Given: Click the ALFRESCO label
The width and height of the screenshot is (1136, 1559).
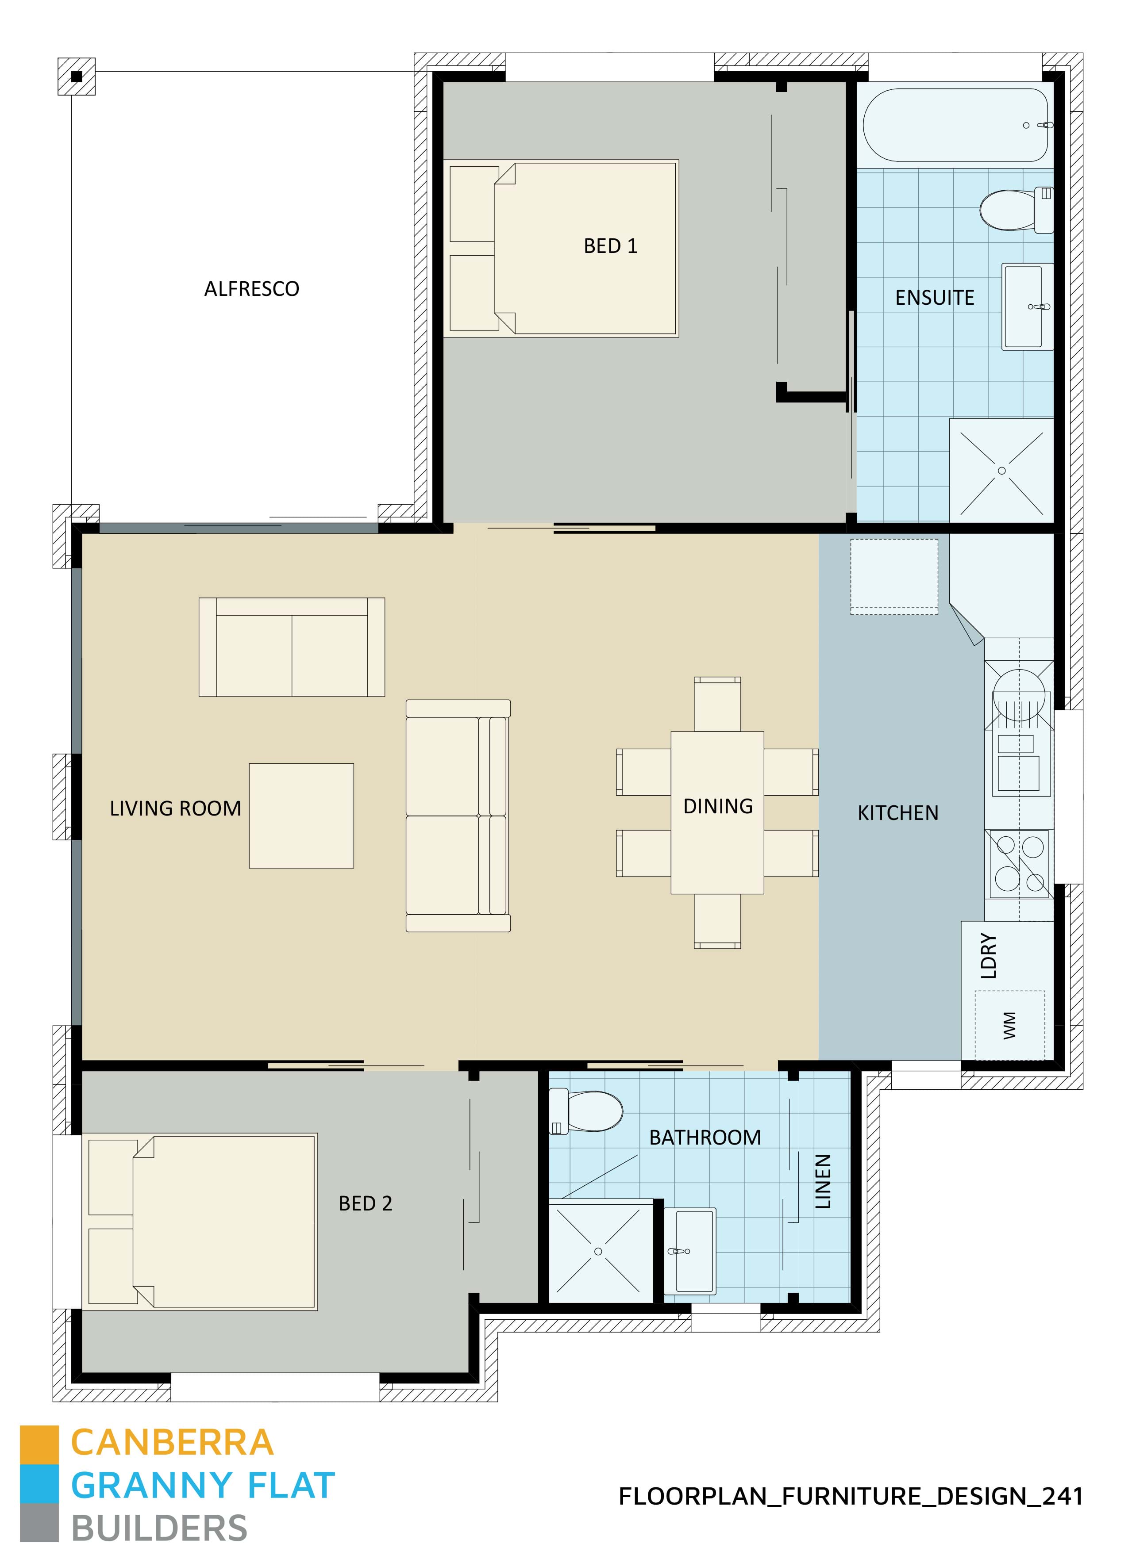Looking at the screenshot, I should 252,289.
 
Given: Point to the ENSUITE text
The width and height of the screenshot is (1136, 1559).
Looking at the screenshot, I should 935,298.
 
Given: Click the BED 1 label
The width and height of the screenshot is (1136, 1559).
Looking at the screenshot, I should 610,246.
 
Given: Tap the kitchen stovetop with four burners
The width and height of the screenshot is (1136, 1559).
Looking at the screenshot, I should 1019,863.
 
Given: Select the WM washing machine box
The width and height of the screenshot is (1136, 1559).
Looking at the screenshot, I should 1009,1024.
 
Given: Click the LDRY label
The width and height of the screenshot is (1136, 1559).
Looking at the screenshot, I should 988,955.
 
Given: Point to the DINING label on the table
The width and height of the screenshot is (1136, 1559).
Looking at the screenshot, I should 717,806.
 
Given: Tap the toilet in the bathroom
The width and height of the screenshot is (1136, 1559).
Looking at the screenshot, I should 588,1111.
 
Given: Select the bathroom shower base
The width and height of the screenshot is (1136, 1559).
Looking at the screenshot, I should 598,1251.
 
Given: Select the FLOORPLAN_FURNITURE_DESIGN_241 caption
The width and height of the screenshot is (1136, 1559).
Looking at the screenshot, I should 851,1496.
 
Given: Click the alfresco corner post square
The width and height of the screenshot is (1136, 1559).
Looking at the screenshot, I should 76,77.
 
